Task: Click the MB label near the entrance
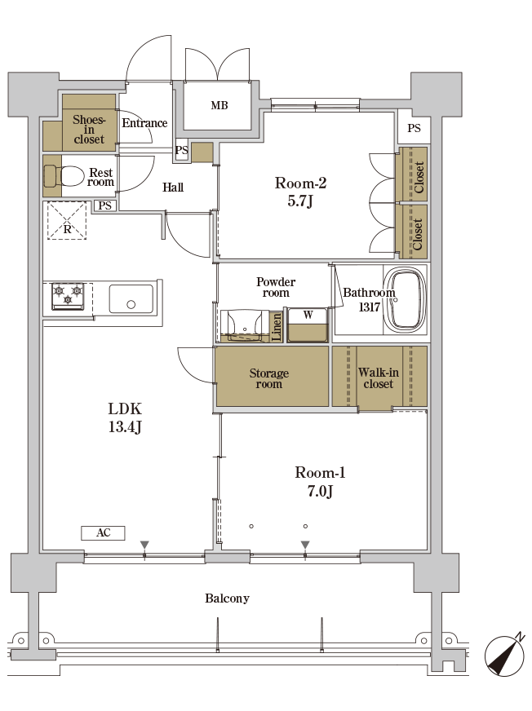click(x=219, y=105)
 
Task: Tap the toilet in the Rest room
click(x=64, y=175)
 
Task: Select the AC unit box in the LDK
click(x=103, y=532)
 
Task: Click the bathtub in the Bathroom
click(x=405, y=299)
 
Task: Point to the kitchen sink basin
click(x=131, y=298)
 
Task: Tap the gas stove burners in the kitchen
click(x=68, y=295)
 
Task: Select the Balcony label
click(x=227, y=598)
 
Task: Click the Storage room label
click(x=268, y=378)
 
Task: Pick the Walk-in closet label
click(x=378, y=378)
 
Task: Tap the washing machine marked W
click(x=308, y=325)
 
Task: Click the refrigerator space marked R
click(x=67, y=220)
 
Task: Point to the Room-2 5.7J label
click(x=300, y=192)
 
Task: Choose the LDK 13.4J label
click(x=125, y=417)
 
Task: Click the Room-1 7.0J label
click(x=320, y=482)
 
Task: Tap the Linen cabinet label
click(x=276, y=328)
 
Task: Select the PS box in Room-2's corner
click(x=414, y=128)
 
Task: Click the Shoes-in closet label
click(x=88, y=129)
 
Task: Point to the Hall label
click(x=173, y=188)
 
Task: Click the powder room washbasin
click(x=244, y=325)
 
